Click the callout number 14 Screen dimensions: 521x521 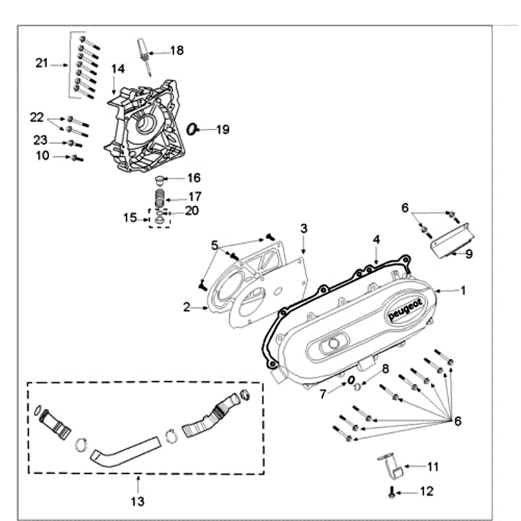(x=117, y=68)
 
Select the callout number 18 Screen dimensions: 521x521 (x=176, y=50)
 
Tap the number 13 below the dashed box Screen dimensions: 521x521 (x=137, y=501)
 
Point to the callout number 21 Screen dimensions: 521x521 (x=42, y=63)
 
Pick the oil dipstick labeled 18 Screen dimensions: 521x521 (x=144, y=52)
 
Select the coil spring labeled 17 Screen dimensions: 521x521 (x=158, y=197)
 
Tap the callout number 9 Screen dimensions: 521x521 (x=468, y=253)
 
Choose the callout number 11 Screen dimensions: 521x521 (x=432, y=466)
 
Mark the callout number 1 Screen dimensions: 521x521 (x=463, y=291)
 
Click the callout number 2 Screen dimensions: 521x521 (x=187, y=307)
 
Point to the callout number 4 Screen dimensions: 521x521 (x=376, y=239)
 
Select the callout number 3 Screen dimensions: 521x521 (x=303, y=228)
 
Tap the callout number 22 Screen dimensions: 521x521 (x=36, y=117)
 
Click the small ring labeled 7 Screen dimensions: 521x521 (x=350, y=380)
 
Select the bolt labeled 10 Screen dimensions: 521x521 (x=77, y=158)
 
